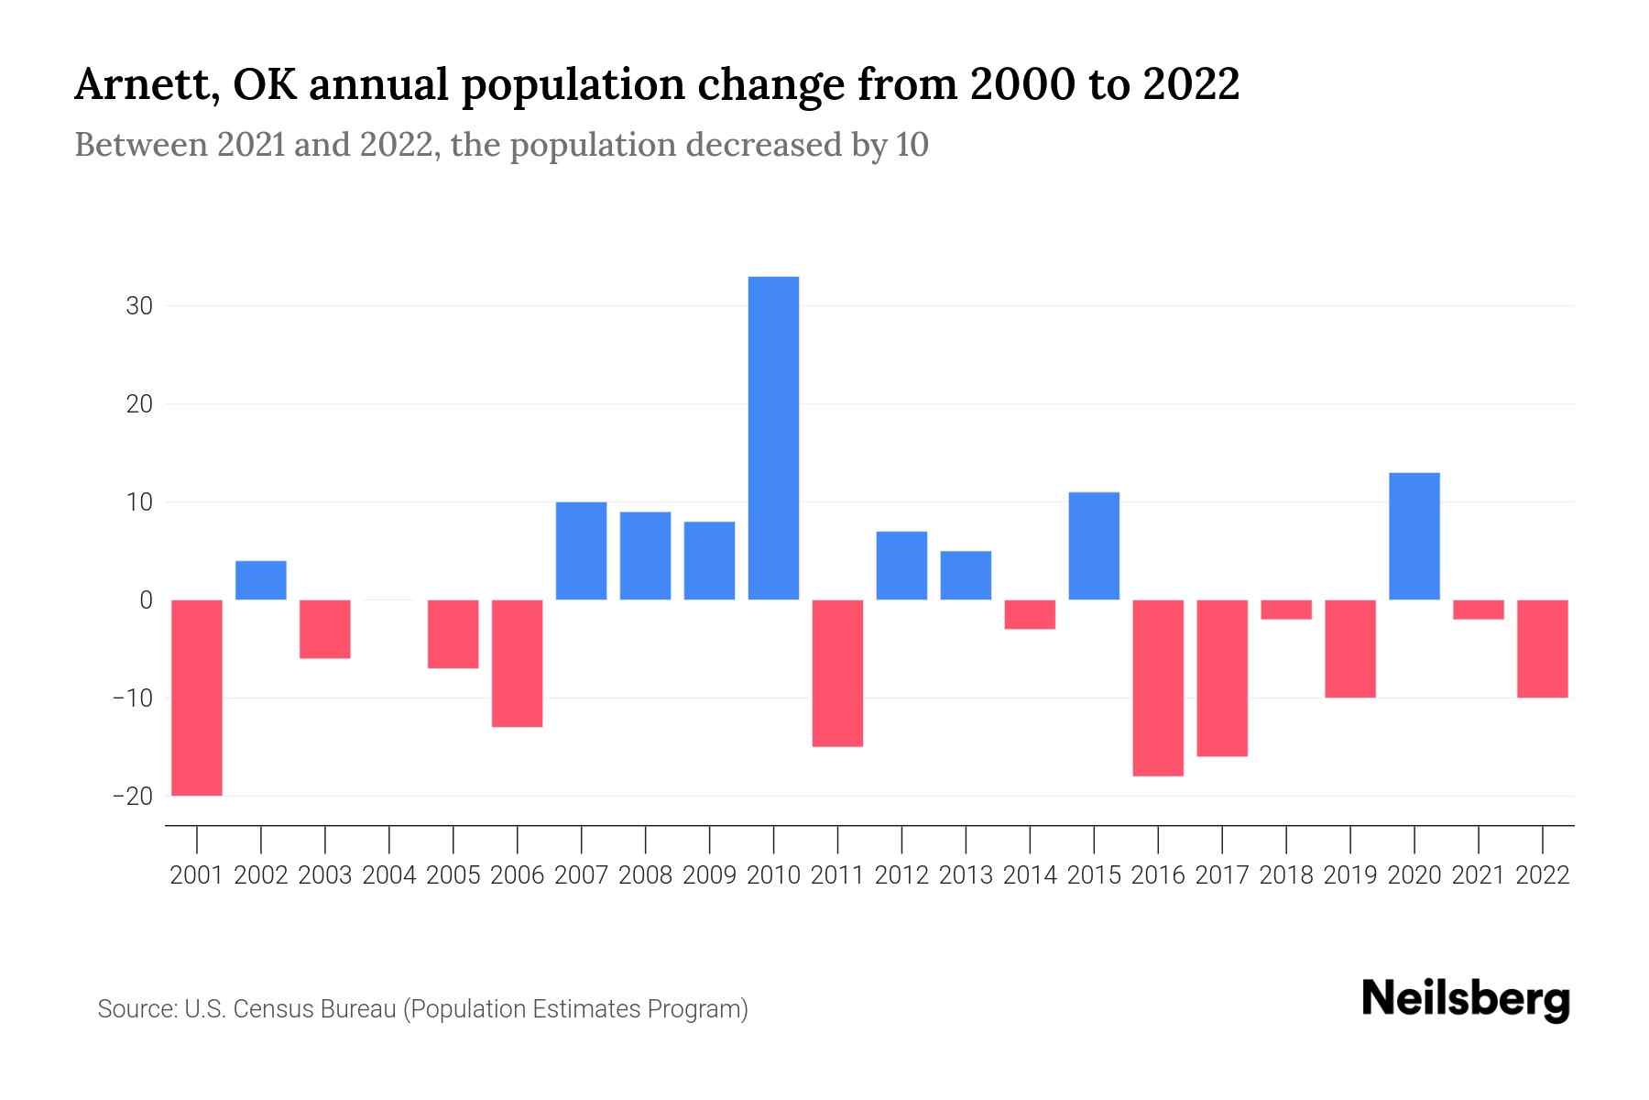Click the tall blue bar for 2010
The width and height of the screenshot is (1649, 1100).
click(773, 438)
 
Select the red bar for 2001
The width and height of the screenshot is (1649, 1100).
click(197, 698)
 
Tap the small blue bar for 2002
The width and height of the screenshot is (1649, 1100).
click(261, 580)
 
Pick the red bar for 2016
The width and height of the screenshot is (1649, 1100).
click(1158, 687)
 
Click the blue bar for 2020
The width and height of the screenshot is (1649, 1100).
click(1414, 536)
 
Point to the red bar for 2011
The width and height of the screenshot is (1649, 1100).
click(837, 673)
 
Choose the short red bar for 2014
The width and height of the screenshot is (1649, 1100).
click(1030, 614)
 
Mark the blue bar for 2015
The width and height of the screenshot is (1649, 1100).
click(1094, 546)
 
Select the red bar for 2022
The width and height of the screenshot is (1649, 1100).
click(1543, 649)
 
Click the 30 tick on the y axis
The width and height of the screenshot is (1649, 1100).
click(139, 306)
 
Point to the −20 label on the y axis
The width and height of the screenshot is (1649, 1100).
click(132, 796)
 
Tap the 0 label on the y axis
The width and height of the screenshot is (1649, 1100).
click(146, 600)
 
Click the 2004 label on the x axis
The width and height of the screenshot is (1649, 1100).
click(389, 875)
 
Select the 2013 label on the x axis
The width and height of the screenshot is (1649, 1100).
click(966, 875)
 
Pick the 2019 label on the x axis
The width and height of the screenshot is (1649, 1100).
click(1350, 875)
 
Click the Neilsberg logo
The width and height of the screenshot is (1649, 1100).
click(1466, 1000)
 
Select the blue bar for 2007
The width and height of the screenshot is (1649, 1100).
click(581, 551)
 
